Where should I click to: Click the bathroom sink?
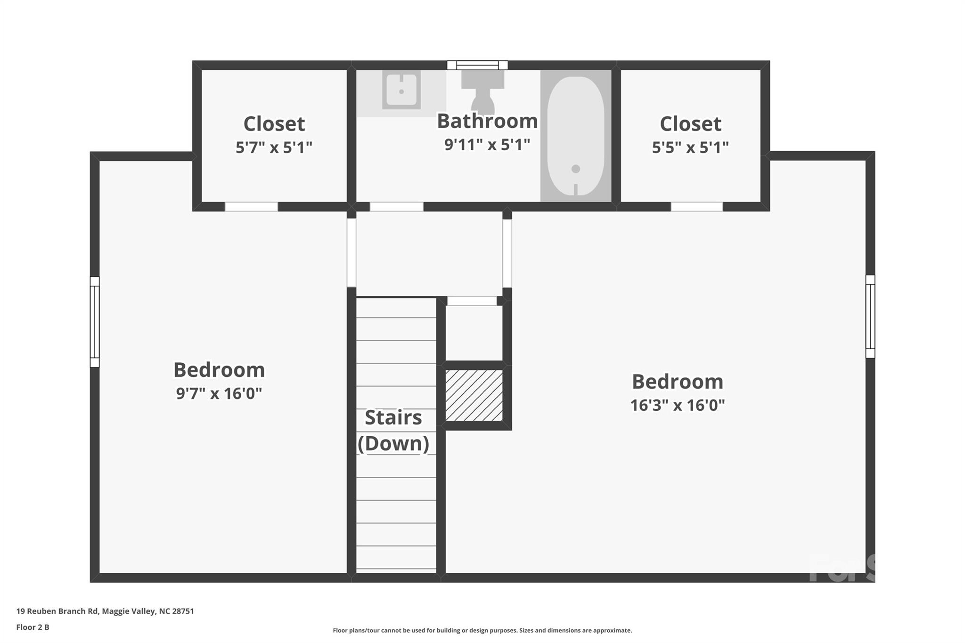401,90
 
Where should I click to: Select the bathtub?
575,136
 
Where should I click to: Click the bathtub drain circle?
575,169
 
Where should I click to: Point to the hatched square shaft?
474,395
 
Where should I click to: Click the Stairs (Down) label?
393,431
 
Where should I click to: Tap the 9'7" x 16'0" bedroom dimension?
219,393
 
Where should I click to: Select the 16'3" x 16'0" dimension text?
678,405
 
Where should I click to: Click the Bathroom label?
487,121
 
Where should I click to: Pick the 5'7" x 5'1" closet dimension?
274,147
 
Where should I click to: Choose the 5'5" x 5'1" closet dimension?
690,147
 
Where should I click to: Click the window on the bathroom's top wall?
477,65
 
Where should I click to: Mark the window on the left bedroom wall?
95,322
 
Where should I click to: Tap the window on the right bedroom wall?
870,317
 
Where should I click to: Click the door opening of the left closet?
251,207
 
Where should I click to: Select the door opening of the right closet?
697,207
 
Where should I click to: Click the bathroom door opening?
397,207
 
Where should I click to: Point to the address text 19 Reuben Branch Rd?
57,611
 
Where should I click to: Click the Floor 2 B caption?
33,627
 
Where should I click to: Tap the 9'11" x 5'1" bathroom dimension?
487,145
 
